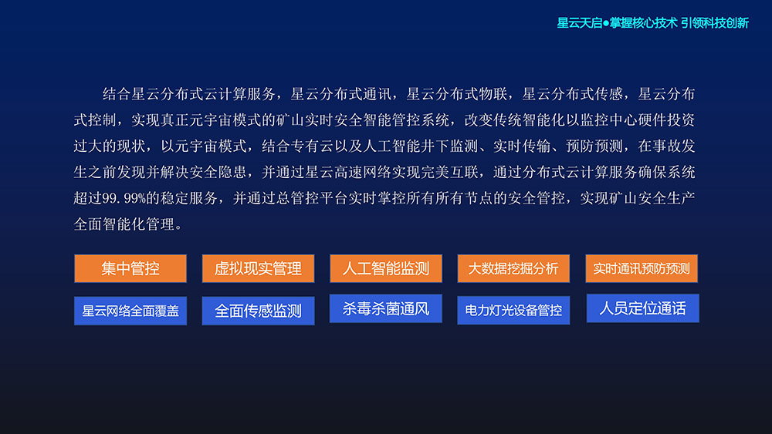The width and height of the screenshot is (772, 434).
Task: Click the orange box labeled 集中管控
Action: tap(130, 268)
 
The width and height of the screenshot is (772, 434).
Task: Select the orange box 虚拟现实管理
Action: tap(258, 268)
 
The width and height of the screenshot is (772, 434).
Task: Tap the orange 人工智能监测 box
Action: tap(385, 268)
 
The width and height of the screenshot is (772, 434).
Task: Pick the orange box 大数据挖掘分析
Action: tap(513, 268)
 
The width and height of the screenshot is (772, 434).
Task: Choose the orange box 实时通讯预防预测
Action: tap(642, 268)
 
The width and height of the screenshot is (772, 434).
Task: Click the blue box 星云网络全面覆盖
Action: tap(130, 311)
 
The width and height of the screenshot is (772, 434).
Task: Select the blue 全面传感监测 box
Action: tap(258, 311)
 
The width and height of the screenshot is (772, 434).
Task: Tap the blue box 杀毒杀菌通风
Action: tap(385, 308)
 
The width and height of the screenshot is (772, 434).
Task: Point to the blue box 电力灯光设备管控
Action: tap(513, 310)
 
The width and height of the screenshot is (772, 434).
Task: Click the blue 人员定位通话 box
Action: tap(642, 308)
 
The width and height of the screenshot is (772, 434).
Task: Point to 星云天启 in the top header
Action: tap(580, 23)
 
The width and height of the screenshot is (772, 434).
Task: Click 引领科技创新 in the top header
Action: tap(715, 23)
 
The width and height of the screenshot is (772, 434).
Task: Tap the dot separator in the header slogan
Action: tap(606, 23)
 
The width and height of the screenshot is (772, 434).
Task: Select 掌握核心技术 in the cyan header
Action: tap(644, 23)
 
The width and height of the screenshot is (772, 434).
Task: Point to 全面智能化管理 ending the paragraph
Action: tap(124, 224)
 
